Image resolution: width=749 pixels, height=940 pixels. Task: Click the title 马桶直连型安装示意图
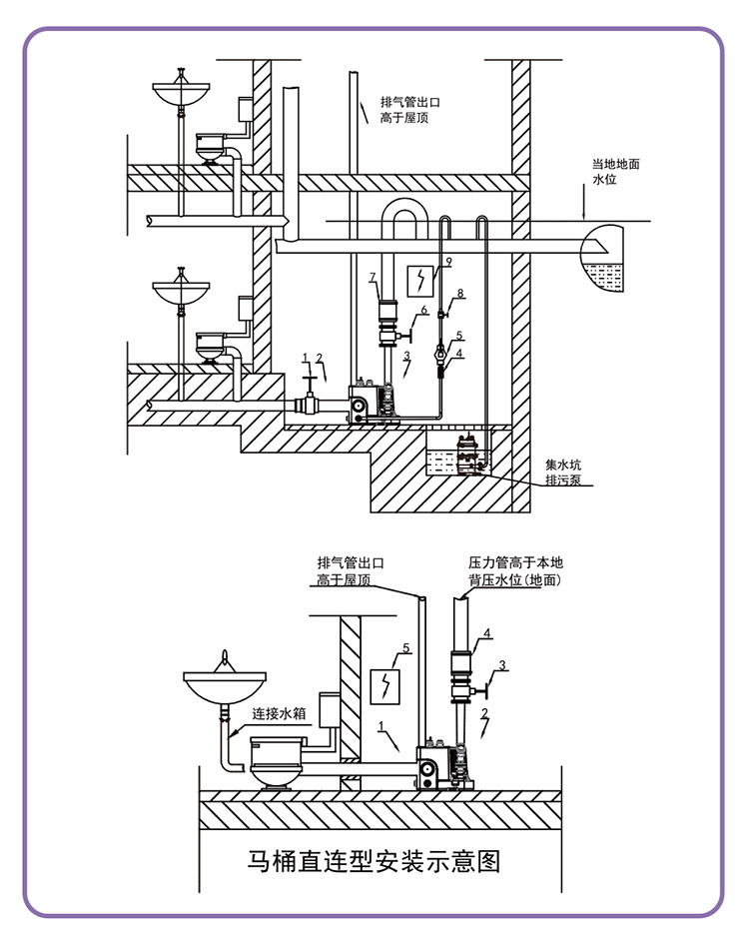coord(374,861)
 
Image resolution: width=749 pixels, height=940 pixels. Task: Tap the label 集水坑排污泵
coord(562,471)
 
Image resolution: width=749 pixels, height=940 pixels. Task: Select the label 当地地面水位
coord(615,172)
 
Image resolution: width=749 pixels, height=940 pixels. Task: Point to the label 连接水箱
coord(279,713)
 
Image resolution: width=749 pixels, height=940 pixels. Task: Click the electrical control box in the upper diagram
coord(420,280)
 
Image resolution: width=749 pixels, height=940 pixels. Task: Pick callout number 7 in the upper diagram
coord(373,277)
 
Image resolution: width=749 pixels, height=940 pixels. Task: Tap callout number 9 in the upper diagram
coord(448,262)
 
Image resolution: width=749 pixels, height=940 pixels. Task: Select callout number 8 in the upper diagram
coord(460,293)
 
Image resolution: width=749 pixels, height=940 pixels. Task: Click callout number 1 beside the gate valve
coord(305,358)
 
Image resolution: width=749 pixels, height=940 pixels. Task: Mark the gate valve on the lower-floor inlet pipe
coord(310,397)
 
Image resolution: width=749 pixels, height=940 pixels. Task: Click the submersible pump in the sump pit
coord(466,454)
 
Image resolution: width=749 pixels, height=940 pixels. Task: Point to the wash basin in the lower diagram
coord(224,684)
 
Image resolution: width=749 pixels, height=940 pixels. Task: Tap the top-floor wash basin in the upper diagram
coord(181,92)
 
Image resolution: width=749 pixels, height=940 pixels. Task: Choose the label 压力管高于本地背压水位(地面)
coord(515,571)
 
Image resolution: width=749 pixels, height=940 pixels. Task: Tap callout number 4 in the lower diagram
coord(487,633)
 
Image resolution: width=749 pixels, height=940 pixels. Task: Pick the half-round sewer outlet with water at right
coord(601,259)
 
